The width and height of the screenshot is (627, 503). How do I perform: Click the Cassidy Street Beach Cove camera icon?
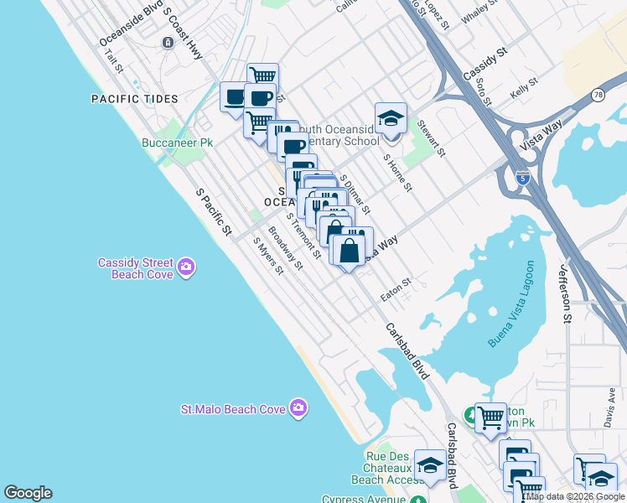186,267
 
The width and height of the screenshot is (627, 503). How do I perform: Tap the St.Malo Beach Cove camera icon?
298,408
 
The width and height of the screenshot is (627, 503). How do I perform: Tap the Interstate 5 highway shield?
523,178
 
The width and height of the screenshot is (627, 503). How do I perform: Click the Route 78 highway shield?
598,96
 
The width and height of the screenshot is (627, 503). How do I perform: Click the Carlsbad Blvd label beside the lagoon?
408,351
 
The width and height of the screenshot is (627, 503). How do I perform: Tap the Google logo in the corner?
28,493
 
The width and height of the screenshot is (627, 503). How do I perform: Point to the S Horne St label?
397,172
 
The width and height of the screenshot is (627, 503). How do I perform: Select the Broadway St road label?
285,250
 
